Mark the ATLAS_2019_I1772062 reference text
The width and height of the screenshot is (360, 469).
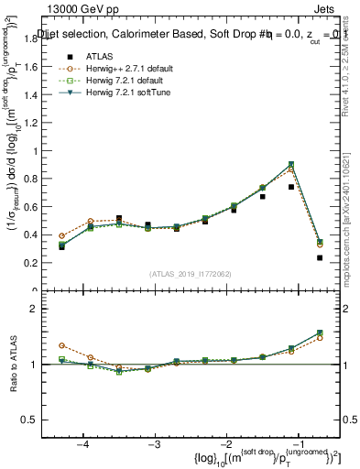coord(190,274)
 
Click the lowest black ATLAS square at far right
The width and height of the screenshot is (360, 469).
coord(320,257)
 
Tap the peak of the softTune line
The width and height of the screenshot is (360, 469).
coord(291,164)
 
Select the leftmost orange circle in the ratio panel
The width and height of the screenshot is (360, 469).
coord(61,345)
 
